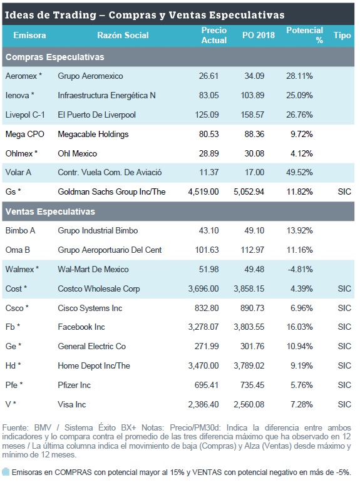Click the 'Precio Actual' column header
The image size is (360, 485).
point(214,35)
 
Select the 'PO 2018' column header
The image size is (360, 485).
point(259,35)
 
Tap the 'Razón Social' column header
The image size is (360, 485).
point(123,35)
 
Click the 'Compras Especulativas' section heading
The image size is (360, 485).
point(55,57)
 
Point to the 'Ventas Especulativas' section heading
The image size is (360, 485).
point(50,212)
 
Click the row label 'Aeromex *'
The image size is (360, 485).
point(24,76)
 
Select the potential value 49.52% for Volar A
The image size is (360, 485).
point(299,173)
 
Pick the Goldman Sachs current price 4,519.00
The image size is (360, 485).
point(203,191)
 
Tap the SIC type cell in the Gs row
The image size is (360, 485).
point(344,191)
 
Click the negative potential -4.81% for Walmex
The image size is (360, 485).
point(300,270)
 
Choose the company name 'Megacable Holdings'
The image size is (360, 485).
point(93,135)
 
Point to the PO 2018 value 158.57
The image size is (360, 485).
point(252,115)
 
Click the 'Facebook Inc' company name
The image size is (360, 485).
point(81,327)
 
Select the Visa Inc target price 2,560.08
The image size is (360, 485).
point(249,404)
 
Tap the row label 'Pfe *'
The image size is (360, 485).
point(14,385)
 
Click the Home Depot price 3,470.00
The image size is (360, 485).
point(203,366)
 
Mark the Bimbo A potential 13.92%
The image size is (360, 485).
point(300,231)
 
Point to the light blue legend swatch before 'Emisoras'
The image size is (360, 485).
point(6,472)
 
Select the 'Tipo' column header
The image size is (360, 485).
point(342,35)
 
